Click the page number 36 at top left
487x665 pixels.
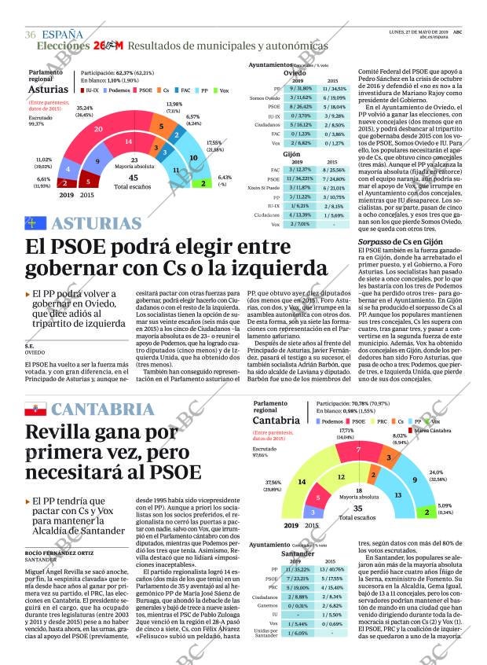tap(31, 35)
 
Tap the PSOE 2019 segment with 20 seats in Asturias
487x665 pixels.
tap(97, 129)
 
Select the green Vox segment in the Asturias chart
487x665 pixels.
tap(203, 183)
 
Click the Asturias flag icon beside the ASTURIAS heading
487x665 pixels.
tap(37, 223)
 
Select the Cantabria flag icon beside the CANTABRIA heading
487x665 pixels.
tap(37, 410)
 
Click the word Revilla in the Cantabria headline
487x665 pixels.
tap(59, 432)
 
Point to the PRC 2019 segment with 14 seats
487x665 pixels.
tap(301, 481)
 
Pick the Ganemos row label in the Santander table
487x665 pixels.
tap(267, 605)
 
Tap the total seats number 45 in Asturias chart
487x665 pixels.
tap(134, 178)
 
